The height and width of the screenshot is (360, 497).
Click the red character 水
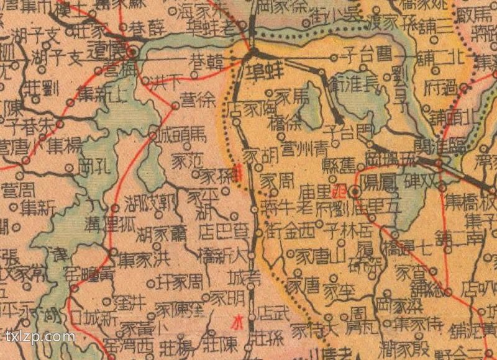[237, 322]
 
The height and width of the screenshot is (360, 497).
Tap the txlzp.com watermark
[40, 337]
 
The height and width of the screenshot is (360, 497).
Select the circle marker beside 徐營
[176, 106]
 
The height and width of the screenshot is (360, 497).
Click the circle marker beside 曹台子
[334, 58]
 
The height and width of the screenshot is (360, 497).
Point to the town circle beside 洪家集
[113, 251]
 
